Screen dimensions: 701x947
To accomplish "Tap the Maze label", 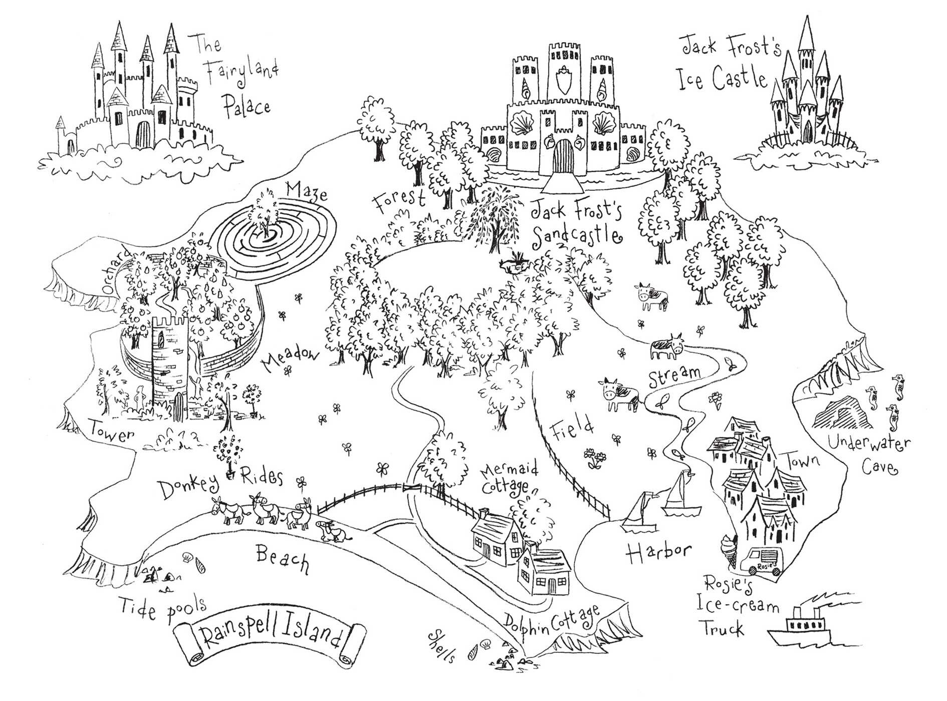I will [307, 192].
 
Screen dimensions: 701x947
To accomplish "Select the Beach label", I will [282, 559].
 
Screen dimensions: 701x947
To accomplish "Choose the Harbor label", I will [658, 554].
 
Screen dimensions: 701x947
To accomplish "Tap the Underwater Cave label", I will [869, 454].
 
